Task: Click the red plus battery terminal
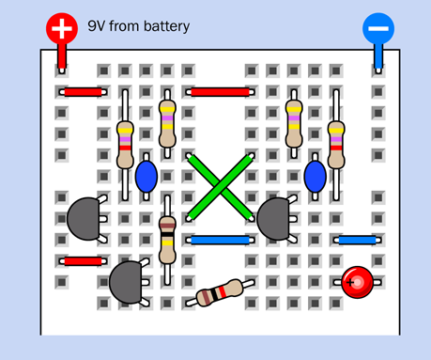pos(62,28)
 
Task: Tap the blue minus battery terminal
pos(378,28)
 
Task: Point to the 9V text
pos(96,26)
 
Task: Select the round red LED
pos(357,282)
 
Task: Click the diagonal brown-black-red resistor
pos(220,292)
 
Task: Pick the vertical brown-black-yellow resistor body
pos(167,240)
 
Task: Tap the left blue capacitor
pos(146,177)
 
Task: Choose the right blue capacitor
pos(316,177)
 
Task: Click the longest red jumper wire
pos(220,92)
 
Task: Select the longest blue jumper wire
pos(220,241)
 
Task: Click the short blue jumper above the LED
pos(357,241)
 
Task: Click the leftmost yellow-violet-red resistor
pos(125,145)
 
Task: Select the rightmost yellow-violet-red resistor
pos(336,145)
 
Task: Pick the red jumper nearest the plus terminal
pos(83,92)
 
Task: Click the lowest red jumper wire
pos(83,261)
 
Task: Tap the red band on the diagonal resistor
pos(222,292)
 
